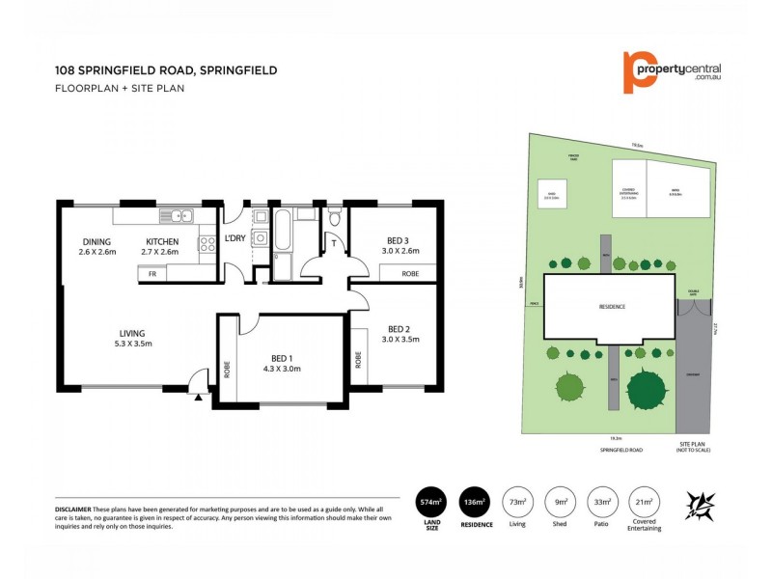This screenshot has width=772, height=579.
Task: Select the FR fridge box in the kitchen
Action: tap(152, 274)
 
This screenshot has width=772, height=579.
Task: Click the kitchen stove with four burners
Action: tap(207, 244)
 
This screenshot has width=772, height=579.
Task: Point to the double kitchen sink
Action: tap(177, 214)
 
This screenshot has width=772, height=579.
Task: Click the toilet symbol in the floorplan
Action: tap(334, 217)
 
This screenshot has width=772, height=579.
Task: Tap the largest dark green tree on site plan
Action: tap(647, 389)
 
